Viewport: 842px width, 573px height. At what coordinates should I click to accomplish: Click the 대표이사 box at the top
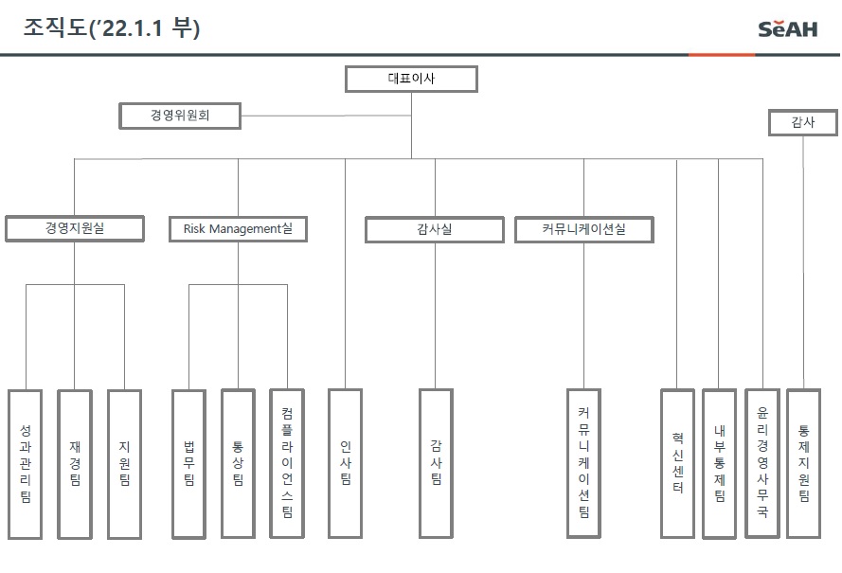[x=411, y=79]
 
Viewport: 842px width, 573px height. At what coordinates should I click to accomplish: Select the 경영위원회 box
[x=180, y=116]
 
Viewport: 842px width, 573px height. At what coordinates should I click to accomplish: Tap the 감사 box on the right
[x=803, y=122]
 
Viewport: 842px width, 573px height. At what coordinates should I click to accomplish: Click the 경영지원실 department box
[x=75, y=228]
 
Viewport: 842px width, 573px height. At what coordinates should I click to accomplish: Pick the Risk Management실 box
[x=238, y=228]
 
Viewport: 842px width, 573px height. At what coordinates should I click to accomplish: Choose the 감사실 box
[x=435, y=229]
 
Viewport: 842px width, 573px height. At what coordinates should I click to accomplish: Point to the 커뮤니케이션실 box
[x=583, y=229]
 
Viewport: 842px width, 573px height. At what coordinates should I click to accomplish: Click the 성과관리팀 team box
[x=26, y=463]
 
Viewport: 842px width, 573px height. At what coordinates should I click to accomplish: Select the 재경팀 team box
[x=75, y=463]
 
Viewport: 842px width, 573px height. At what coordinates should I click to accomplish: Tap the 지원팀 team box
[x=124, y=463]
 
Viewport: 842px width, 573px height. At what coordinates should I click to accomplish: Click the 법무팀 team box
[x=188, y=463]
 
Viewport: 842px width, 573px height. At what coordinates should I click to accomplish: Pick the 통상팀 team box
[x=238, y=463]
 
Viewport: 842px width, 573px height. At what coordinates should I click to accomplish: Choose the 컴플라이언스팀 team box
[x=287, y=463]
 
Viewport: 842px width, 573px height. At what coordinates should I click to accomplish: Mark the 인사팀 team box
[x=345, y=463]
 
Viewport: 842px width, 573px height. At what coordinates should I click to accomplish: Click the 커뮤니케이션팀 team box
[x=583, y=463]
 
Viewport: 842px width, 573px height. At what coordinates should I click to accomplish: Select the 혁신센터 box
[x=677, y=463]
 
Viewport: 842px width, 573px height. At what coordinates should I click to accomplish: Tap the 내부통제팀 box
[x=719, y=463]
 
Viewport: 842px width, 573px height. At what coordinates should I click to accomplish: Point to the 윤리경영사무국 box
[x=761, y=463]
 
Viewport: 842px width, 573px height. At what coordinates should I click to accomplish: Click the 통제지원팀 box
[x=803, y=463]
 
